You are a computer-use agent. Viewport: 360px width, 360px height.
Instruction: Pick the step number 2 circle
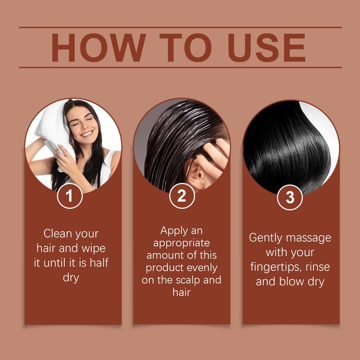(x=181, y=196)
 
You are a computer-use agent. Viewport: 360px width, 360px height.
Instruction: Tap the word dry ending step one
(x=71, y=277)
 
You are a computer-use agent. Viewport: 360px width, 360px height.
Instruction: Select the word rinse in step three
(x=318, y=266)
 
